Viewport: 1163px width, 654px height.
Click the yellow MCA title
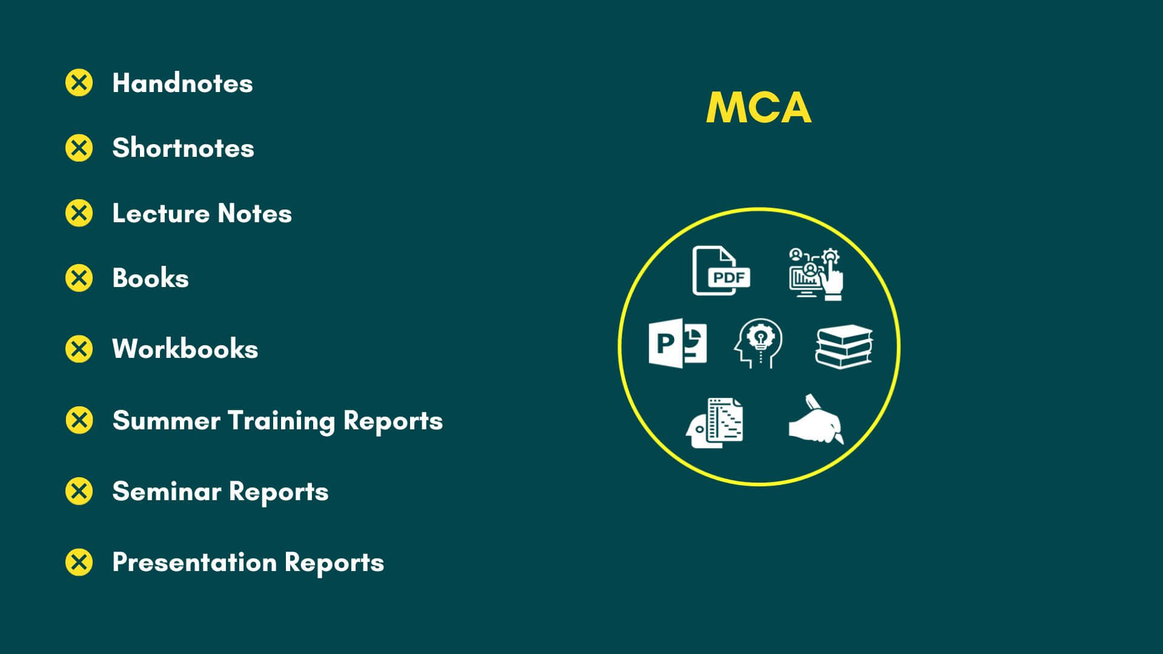tap(758, 108)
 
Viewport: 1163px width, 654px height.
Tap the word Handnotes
tap(182, 84)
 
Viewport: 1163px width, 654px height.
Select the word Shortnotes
tap(183, 148)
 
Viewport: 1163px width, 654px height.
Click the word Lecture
tap(161, 213)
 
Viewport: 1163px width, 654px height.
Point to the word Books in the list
tap(150, 279)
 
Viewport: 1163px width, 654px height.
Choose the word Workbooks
tap(185, 349)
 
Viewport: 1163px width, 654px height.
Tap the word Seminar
tap(167, 492)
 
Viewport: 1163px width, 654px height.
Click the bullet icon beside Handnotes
tap(79, 83)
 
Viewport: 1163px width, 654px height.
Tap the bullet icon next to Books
tap(79, 278)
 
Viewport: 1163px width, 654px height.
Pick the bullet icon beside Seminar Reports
tap(79, 491)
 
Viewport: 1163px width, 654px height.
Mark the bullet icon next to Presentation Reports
tap(79, 562)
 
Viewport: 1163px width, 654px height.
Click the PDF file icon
tap(720, 271)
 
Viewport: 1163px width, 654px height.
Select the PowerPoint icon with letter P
tap(677, 343)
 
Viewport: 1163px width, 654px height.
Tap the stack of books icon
tap(844, 346)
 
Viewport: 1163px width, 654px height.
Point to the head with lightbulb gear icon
tap(758, 343)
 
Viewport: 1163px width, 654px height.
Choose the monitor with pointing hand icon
tap(816, 273)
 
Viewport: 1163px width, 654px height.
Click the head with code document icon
tap(715, 423)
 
